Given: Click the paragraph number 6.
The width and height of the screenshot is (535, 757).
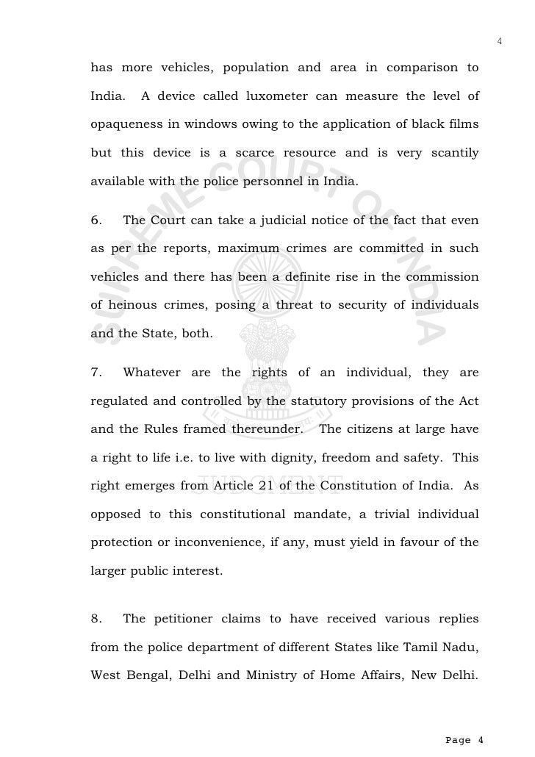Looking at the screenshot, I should point(96,220).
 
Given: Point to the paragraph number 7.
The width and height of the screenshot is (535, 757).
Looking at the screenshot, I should point(96,373).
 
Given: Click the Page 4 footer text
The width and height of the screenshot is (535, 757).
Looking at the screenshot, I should point(464,739).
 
